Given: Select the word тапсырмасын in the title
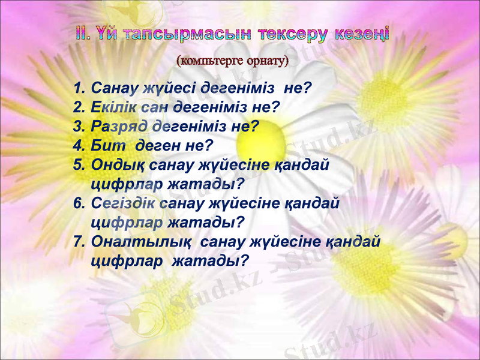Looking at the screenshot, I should (x=191, y=33).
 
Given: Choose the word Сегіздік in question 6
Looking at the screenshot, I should (x=124, y=203).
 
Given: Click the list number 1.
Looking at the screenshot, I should (x=77, y=89).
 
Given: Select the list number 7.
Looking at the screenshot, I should (x=78, y=241).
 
